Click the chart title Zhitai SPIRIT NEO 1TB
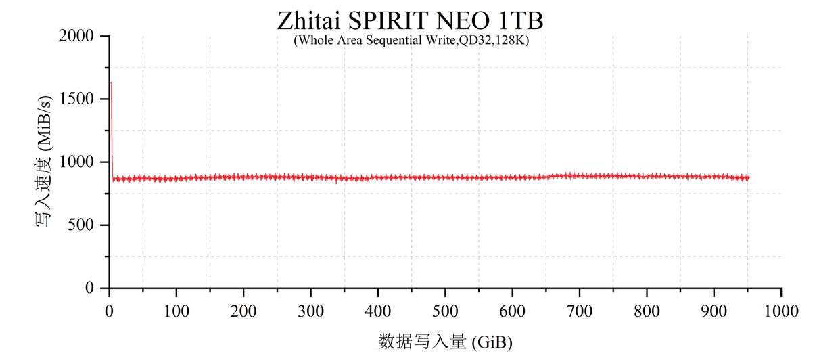click(410, 20)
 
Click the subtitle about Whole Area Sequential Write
click(411, 40)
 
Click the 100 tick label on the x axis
click(176, 311)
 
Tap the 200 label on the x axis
click(243, 311)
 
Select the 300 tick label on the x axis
click(310, 311)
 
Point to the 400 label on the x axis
click(377, 311)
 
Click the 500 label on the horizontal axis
click(445, 311)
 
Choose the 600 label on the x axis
click(512, 311)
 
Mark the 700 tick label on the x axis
click(580, 311)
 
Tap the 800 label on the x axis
click(647, 311)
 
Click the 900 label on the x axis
click(714, 311)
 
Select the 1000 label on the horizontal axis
click(781, 311)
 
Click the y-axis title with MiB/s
click(43, 162)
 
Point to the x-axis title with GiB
click(444, 341)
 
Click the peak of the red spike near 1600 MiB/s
click(111, 83)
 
